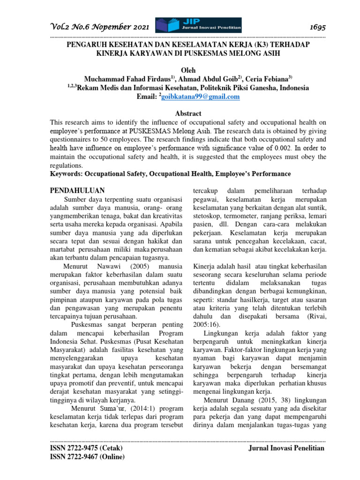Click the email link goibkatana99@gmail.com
(200, 97)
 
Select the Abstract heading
(188, 113)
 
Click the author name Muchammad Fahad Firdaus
(127, 79)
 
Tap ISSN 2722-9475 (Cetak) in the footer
(86, 449)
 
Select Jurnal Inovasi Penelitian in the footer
(285, 449)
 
